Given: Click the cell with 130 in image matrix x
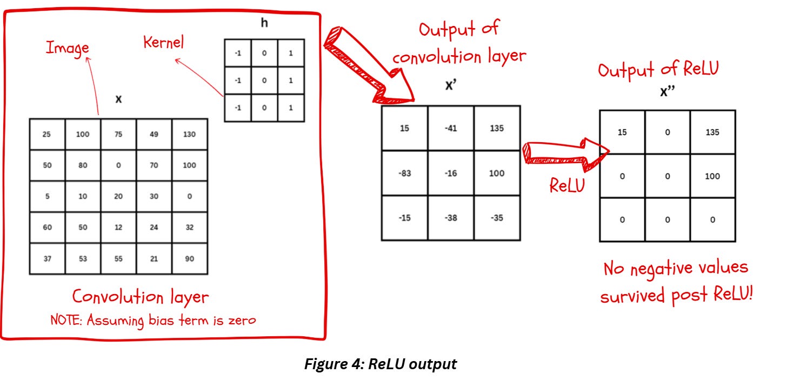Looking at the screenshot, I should [x=189, y=134].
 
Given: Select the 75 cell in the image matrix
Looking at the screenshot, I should [x=118, y=134].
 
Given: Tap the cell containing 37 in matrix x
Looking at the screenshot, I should [x=46, y=259].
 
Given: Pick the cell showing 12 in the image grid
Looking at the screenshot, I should [x=118, y=228].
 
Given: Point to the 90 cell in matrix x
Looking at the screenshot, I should [x=189, y=259].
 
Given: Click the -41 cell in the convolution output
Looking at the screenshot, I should [x=451, y=129].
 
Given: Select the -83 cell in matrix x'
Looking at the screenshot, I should [x=404, y=173].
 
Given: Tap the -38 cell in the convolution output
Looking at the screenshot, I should [x=451, y=218].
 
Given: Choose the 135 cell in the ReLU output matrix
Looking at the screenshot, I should [x=712, y=132].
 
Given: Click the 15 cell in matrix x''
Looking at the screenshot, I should [x=622, y=132].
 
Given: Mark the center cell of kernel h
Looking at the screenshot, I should [x=264, y=81].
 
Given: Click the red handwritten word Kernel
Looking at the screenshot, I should [x=163, y=43].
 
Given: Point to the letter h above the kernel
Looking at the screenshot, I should [x=264, y=24].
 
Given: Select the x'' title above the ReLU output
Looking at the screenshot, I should [x=667, y=92].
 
